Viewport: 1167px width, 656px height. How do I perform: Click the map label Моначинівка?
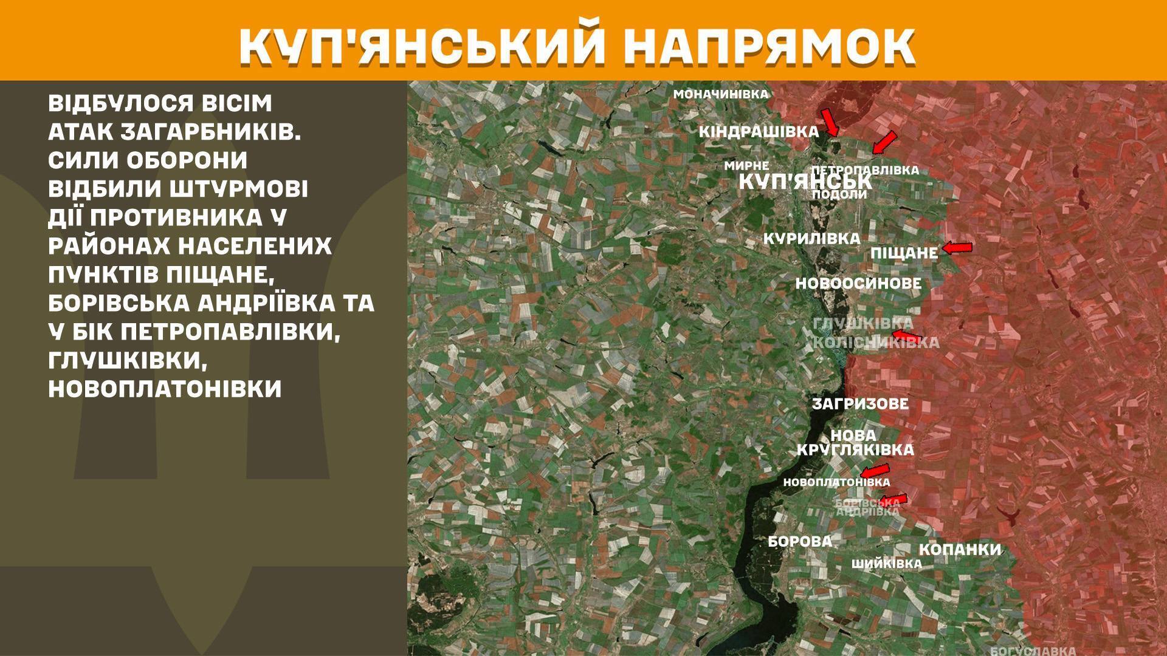pyautogui.click(x=721, y=94)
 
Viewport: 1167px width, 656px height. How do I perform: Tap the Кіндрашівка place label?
pyautogui.click(x=759, y=131)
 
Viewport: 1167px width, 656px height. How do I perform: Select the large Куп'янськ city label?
pyautogui.click(x=805, y=181)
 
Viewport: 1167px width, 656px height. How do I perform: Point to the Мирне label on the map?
pyautogui.click(x=747, y=165)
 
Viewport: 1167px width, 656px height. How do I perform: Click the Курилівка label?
pyautogui.click(x=811, y=239)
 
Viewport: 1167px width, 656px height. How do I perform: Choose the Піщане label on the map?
pyautogui.click(x=904, y=253)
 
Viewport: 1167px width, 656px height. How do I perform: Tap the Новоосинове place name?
pyautogui.click(x=858, y=283)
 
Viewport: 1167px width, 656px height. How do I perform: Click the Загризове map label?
pyautogui.click(x=860, y=403)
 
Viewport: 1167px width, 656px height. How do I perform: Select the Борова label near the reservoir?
pyautogui.click(x=800, y=541)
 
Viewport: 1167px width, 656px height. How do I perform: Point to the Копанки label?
pyautogui.click(x=960, y=550)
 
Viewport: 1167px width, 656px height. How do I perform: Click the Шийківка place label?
pyautogui.click(x=886, y=564)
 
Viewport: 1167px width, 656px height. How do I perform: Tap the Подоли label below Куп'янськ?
pyautogui.click(x=839, y=194)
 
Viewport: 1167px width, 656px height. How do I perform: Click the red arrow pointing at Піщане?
pyautogui.click(x=957, y=247)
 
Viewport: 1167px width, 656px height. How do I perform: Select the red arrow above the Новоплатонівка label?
pyautogui.click(x=875, y=471)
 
